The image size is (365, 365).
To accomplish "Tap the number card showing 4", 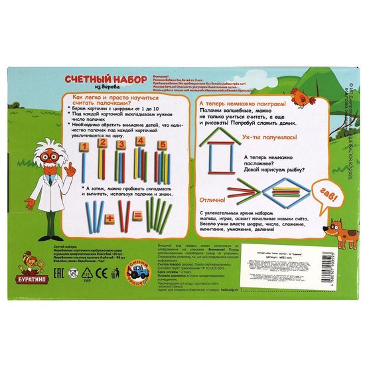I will (x=140, y=141).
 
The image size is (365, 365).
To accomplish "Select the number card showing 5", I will (x=161, y=144).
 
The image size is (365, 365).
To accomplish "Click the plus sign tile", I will (x=111, y=218).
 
